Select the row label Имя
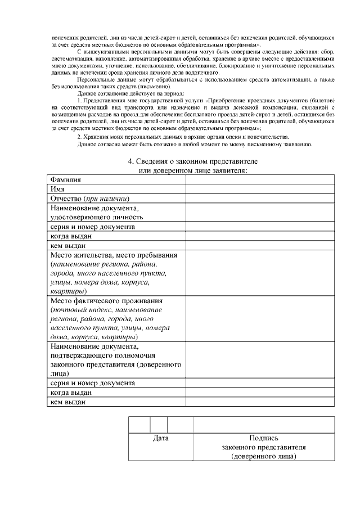pos(57,189)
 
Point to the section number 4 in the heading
pos(130,161)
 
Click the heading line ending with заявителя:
pos(192,170)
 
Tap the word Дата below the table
pos(161,438)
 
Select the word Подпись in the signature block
pos(263,438)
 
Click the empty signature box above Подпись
pos(263,424)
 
